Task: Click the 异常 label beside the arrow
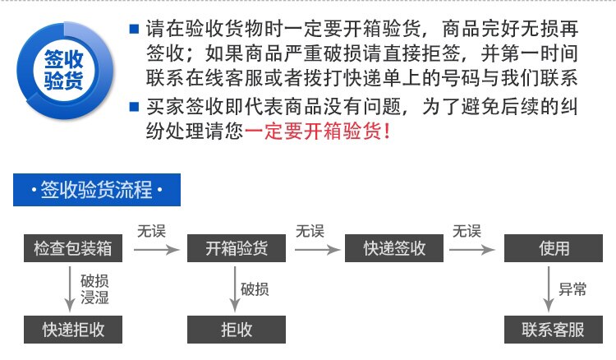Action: coord(573,288)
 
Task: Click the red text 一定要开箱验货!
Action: coord(317,131)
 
